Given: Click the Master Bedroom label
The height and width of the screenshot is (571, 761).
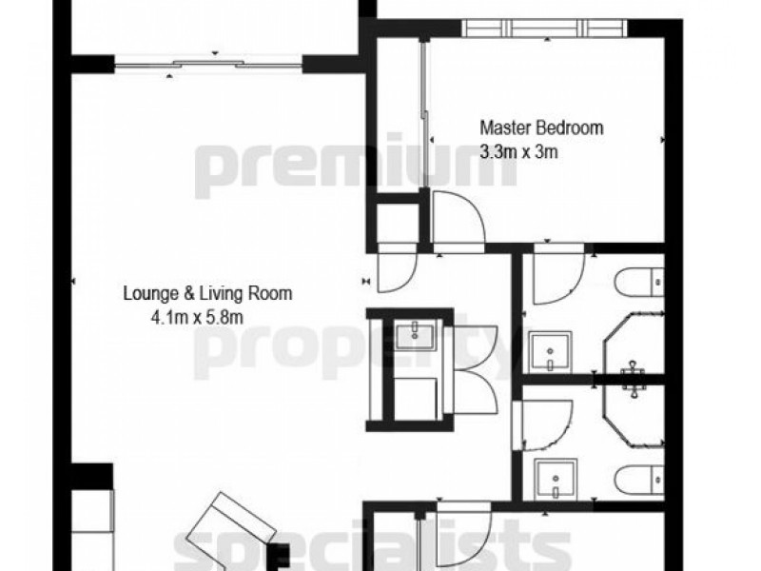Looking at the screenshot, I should (541, 127).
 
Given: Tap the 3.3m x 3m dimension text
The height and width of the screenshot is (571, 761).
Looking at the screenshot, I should (518, 149).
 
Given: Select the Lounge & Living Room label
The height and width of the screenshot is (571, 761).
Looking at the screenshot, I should (207, 293).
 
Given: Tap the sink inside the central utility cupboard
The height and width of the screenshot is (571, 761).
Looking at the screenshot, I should (415, 333).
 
